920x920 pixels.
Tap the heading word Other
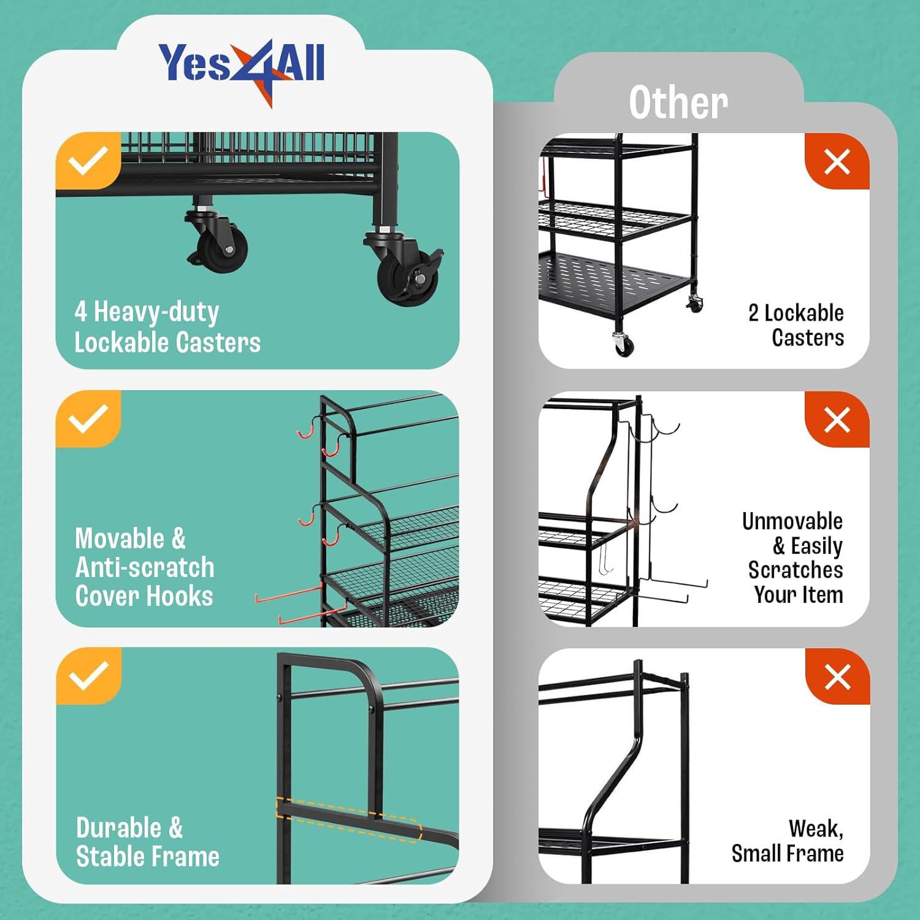pyautogui.click(x=678, y=102)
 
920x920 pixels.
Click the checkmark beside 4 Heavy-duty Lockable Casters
pyautogui.click(x=88, y=161)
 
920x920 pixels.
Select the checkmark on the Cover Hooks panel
pyautogui.click(x=88, y=419)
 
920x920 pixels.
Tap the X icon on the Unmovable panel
pyautogui.click(x=837, y=421)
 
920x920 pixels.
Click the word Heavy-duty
pyautogui.click(x=156, y=313)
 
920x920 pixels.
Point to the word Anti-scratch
pyautogui.click(x=145, y=567)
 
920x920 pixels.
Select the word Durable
pyautogui.click(x=119, y=828)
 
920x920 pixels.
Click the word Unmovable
pyautogui.click(x=792, y=521)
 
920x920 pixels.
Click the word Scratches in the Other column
pyautogui.click(x=795, y=570)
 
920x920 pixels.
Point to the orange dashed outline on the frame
pyautogui.click(x=348, y=819)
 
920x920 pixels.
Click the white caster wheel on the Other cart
pyautogui.click(x=623, y=344)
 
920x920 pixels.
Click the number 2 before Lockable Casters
pyautogui.click(x=754, y=313)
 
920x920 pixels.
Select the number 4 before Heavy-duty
pyautogui.click(x=80, y=312)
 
